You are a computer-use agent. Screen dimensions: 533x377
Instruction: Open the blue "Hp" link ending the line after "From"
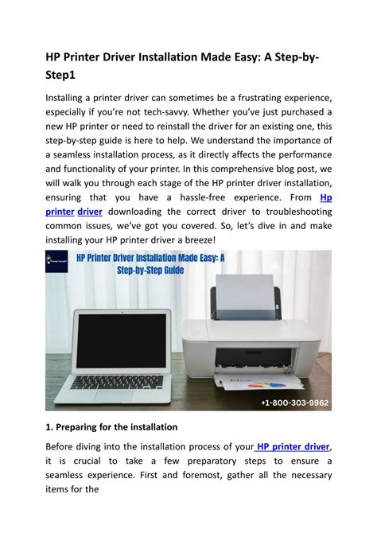tap(325, 197)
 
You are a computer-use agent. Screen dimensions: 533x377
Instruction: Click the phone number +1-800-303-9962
tap(292, 403)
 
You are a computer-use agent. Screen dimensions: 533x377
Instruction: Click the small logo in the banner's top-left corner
tap(56, 263)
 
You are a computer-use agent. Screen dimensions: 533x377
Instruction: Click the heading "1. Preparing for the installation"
tap(111, 426)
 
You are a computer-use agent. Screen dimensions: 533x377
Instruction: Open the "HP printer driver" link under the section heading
tap(290, 445)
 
